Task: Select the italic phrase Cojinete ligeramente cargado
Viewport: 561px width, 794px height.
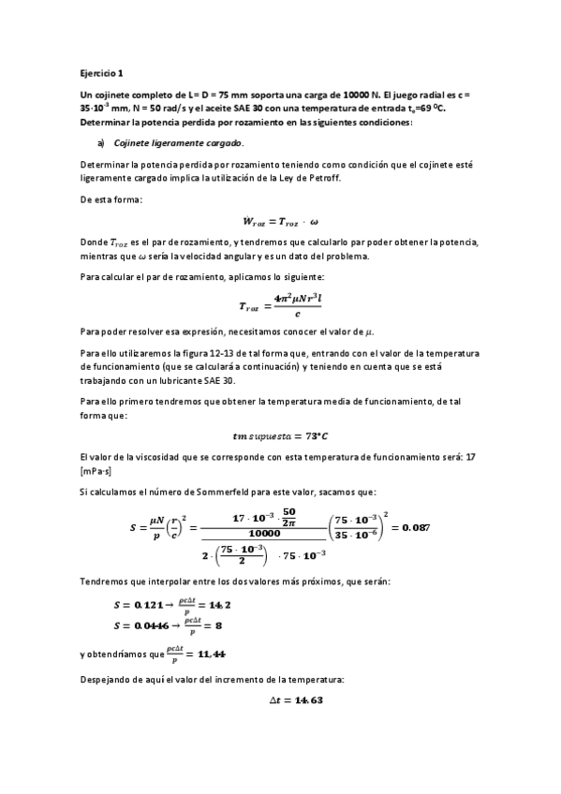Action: click(x=178, y=143)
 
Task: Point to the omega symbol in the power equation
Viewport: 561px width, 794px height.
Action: click(x=314, y=221)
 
